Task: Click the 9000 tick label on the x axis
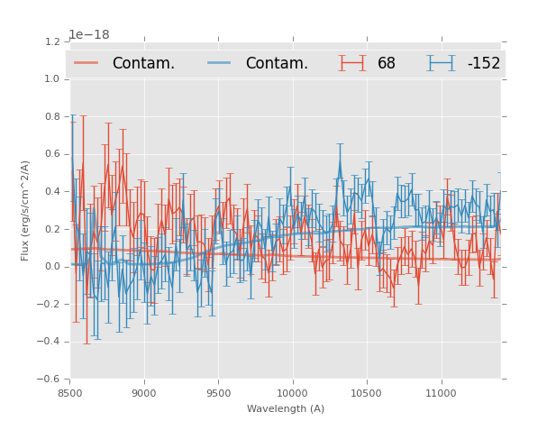tap(144, 392)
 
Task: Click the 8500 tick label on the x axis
tap(70, 392)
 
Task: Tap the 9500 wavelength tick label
tap(218, 392)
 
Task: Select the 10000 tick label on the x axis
tap(292, 392)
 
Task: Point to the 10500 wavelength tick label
tap(367, 392)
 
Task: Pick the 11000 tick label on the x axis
tap(441, 392)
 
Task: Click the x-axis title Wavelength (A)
tap(286, 408)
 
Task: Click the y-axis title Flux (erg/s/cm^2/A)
tap(26, 210)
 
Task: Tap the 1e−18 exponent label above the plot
tap(89, 35)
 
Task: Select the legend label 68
tap(387, 63)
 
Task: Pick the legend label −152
tap(483, 63)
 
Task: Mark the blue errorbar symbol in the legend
tap(441, 63)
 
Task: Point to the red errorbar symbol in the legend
tap(352, 63)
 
